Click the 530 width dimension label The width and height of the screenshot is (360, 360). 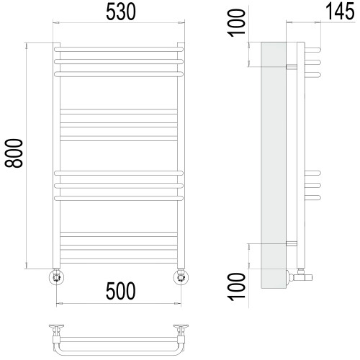coord(121,12)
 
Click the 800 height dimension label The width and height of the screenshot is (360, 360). coord(14,153)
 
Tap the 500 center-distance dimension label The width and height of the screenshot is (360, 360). coord(121,291)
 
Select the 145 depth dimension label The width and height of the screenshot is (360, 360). coord(340,12)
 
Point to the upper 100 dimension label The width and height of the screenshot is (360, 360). coord(237,23)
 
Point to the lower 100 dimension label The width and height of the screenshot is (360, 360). coord(237,287)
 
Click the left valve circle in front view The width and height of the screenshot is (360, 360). coord(56,277)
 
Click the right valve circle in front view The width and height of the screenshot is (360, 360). coord(181,277)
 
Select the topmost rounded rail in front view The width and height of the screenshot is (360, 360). coord(119,49)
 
